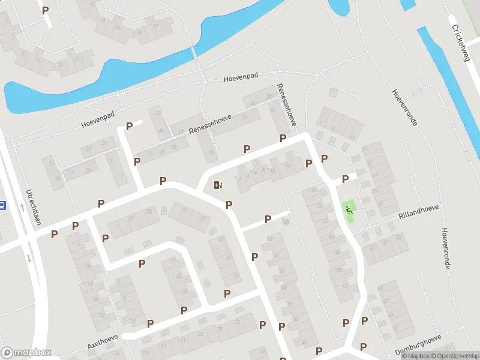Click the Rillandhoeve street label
pyautogui.click(x=419, y=211)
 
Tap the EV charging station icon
pyautogui.click(x=217, y=185)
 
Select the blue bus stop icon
pyautogui.click(x=2, y=205)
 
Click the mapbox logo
pyautogui.click(x=26, y=353)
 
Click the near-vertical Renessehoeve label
pyautogui.click(x=287, y=104)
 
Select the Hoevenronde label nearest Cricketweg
pyautogui.click(x=404, y=107)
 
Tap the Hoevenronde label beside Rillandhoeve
pyautogui.click(x=445, y=248)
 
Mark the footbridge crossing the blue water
pyautogui.click(x=193, y=53)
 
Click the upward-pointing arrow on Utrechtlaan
pyautogui.click(x=22, y=208)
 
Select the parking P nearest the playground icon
pyautogui.click(x=346, y=179)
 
